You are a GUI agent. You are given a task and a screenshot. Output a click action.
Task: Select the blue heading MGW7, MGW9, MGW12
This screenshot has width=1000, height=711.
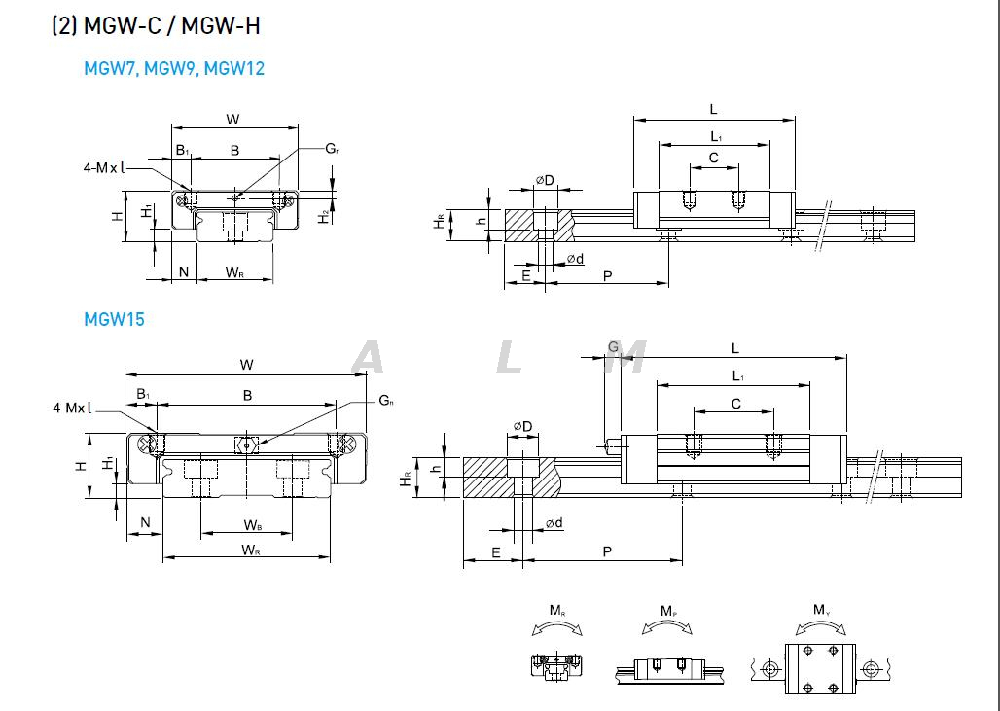174,68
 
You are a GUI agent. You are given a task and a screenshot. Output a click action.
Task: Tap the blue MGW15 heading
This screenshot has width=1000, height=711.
114,319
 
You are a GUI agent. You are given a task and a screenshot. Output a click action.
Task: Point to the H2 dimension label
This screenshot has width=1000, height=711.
325,217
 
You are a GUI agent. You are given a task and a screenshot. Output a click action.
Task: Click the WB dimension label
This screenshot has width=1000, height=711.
252,526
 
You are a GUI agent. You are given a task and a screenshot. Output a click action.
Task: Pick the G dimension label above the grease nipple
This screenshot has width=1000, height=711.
613,347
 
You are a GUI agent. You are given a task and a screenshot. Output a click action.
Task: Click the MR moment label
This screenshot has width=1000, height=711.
556,611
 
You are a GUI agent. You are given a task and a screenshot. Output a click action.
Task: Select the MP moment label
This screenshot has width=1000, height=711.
668,611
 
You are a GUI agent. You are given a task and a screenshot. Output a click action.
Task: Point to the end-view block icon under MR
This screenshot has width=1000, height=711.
556,666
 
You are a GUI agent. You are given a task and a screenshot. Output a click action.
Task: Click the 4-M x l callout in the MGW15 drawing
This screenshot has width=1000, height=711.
72,409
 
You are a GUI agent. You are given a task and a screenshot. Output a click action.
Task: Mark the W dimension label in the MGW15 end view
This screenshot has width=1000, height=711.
247,365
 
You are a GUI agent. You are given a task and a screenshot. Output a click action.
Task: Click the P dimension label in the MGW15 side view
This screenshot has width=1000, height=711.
607,551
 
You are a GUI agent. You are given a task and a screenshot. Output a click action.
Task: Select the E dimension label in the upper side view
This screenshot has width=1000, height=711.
526,276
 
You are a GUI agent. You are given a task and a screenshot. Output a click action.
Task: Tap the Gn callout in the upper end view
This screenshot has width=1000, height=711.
333,149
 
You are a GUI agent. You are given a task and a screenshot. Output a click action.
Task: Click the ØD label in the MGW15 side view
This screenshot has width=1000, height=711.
521,426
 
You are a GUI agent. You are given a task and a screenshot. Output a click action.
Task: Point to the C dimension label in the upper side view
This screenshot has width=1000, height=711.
713,157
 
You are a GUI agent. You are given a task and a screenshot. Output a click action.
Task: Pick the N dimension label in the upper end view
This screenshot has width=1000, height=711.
184,272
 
